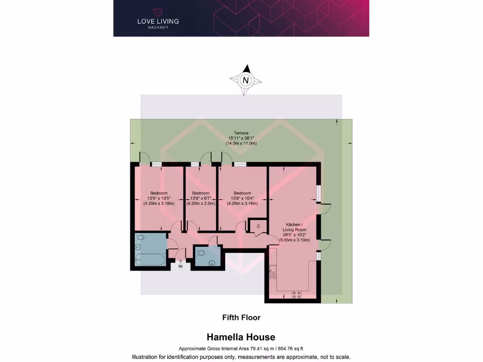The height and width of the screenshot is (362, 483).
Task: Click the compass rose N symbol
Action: pos(245,80)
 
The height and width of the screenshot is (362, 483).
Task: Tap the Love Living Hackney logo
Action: pos(158,18)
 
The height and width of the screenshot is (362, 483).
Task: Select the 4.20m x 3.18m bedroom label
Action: pos(159,198)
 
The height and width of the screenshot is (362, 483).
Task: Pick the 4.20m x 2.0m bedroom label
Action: pos(200,198)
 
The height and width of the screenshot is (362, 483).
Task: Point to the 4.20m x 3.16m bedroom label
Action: pos(242,198)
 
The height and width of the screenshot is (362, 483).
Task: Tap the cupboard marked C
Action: pos(258,226)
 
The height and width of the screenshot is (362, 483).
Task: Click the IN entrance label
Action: pos(180,266)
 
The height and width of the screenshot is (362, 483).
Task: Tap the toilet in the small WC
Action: pos(200,253)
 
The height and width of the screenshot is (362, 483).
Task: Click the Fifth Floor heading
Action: pos(241,318)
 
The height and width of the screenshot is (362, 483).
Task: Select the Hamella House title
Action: pos(241,337)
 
